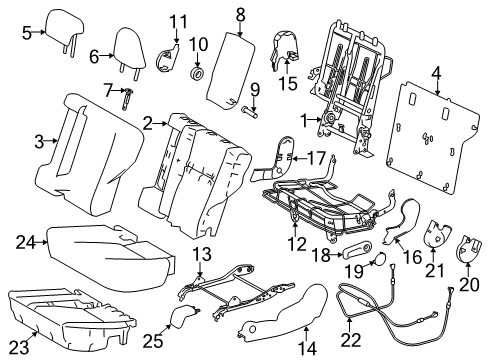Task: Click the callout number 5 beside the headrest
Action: tap(27, 32)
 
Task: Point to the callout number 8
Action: tap(240, 14)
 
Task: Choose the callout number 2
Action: tap(149, 123)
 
